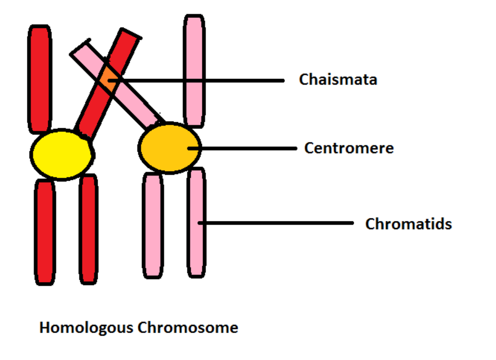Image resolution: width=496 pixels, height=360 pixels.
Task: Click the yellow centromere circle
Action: tap(62, 154)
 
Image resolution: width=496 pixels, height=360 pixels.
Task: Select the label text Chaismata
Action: tap(338, 80)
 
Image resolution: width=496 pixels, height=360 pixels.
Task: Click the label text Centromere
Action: tap(349, 148)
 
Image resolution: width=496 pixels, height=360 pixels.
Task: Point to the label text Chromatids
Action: tap(408, 224)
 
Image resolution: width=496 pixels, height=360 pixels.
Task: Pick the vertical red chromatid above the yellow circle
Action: tap(40, 79)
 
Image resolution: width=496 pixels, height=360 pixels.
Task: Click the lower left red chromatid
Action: tap(44, 232)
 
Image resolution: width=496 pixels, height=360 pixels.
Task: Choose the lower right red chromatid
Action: tap(89, 229)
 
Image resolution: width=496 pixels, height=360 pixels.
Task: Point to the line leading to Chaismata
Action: tap(203, 80)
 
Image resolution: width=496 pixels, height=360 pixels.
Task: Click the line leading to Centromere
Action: tap(244, 148)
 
